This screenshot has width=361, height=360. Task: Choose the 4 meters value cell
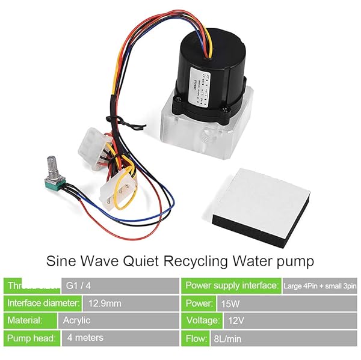pyautogui.click(x=120, y=338)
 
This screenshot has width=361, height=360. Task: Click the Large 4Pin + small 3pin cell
pyautogui.click(x=320, y=285)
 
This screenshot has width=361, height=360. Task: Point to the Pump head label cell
pyautogui.click(x=32, y=338)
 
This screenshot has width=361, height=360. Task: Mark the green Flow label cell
pyautogui.click(x=196, y=338)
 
